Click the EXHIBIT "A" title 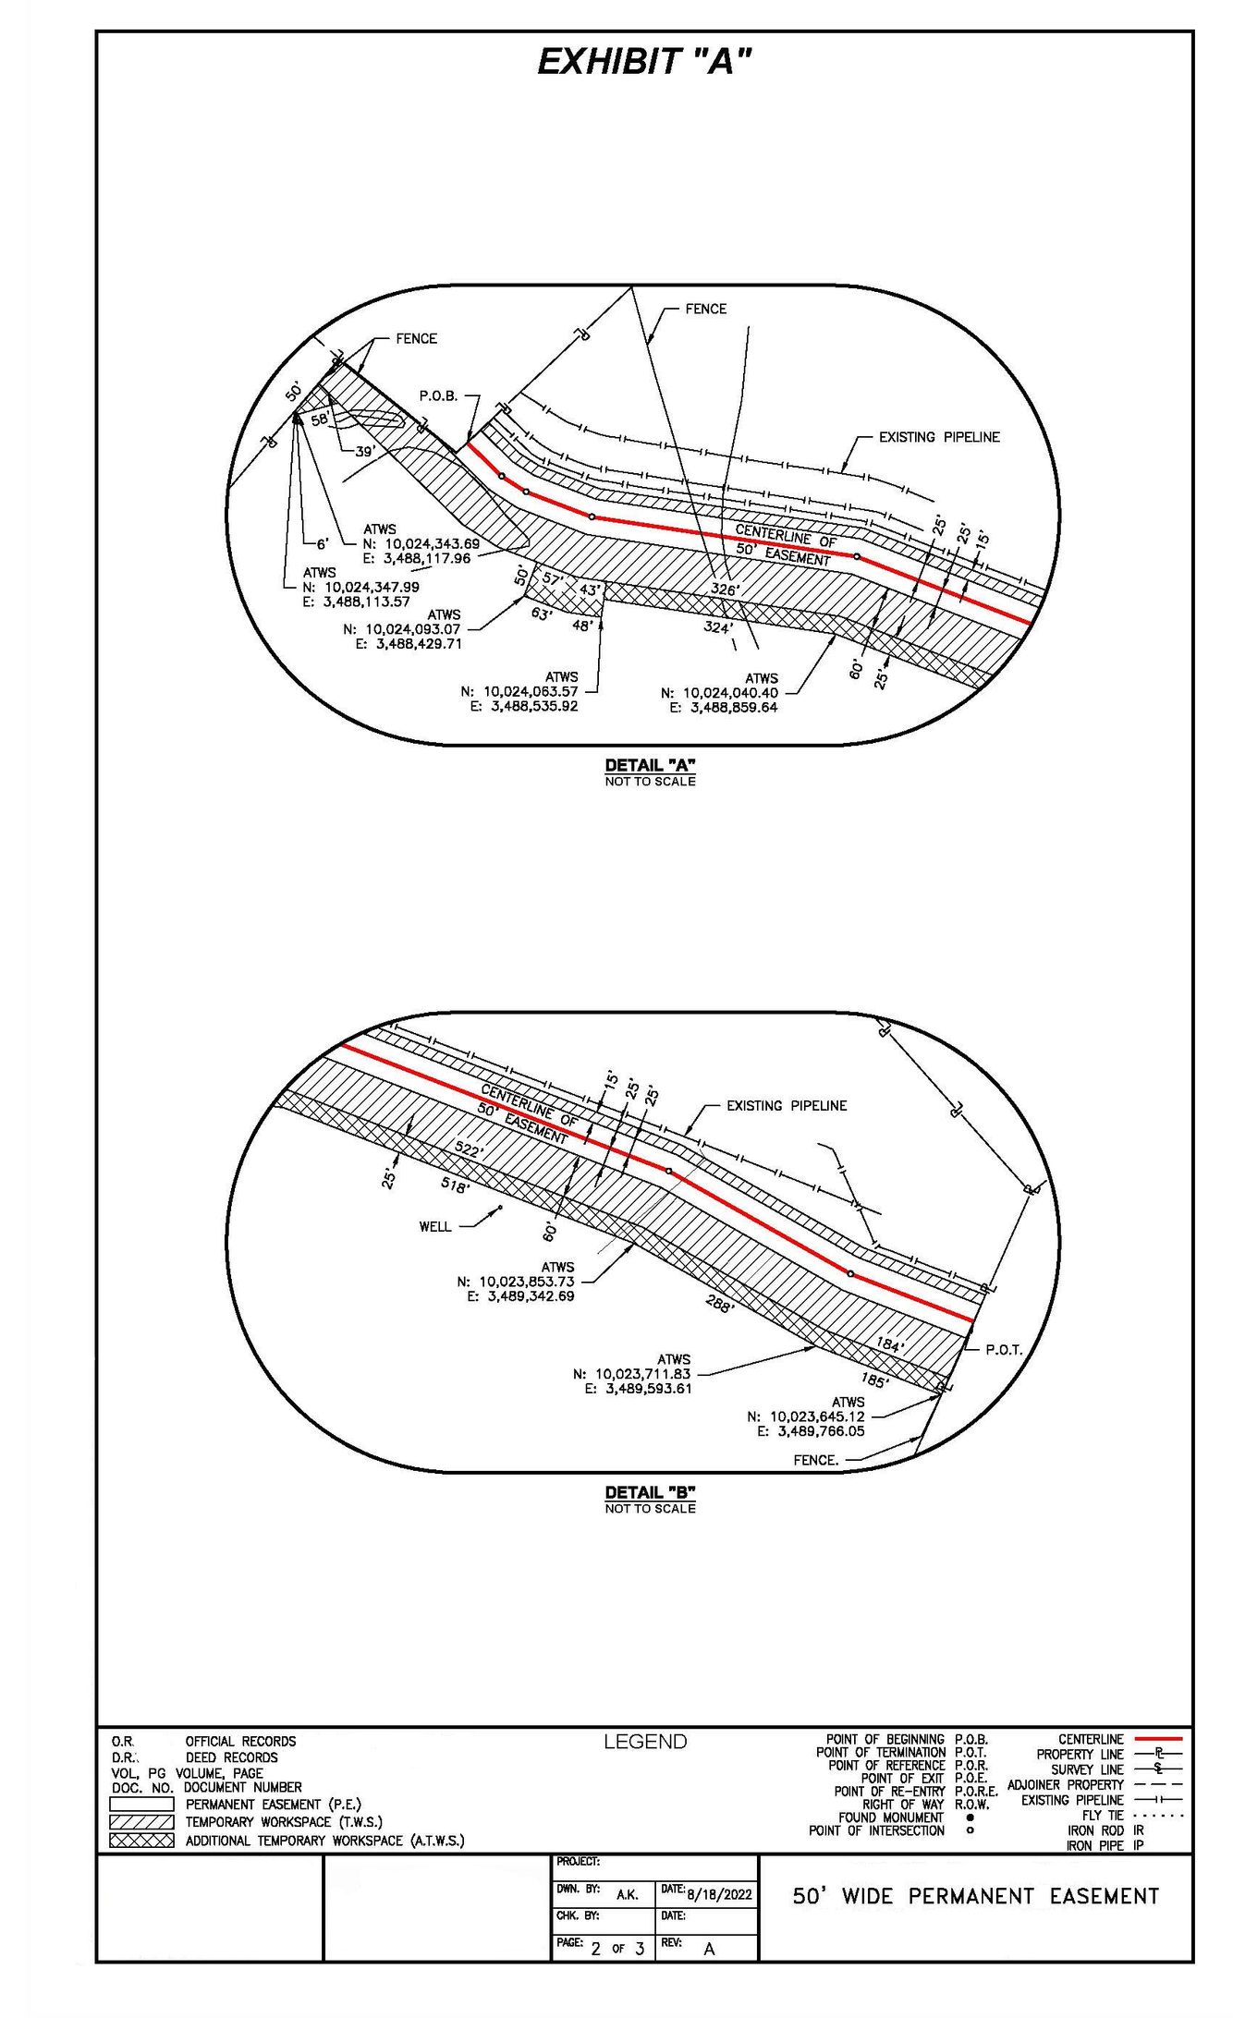pyautogui.click(x=644, y=62)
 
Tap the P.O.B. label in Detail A pyautogui.click(x=438, y=395)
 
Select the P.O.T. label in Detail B pyautogui.click(x=1003, y=1350)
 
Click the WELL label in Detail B pyautogui.click(x=435, y=1227)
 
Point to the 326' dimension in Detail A pyautogui.click(x=725, y=590)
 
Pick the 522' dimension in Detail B pyautogui.click(x=469, y=1149)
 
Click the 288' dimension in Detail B pyautogui.click(x=719, y=1307)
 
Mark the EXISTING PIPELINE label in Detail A pyautogui.click(x=939, y=437)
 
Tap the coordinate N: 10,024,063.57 pyautogui.click(x=519, y=691)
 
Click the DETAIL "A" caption pyautogui.click(x=650, y=765)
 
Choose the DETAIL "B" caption pyautogui.click(x=650, y=1492)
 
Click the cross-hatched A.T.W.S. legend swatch pyautogui.click(x=141, y=1840)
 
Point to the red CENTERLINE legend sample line pyautogui.click(x=1157, y=1739)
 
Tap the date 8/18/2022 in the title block pyautogui.click(x=719, y=1894)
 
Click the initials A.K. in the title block pyautogui.click(x=627, y=1894)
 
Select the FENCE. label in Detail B pyautogui.click(x=816, y=1460)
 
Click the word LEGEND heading pyautogui.click(x=645, y=1742)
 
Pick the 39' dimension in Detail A pyautogui.click(x=365, y=452)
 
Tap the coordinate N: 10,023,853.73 pyautogui.click(x=516, y=1282)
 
